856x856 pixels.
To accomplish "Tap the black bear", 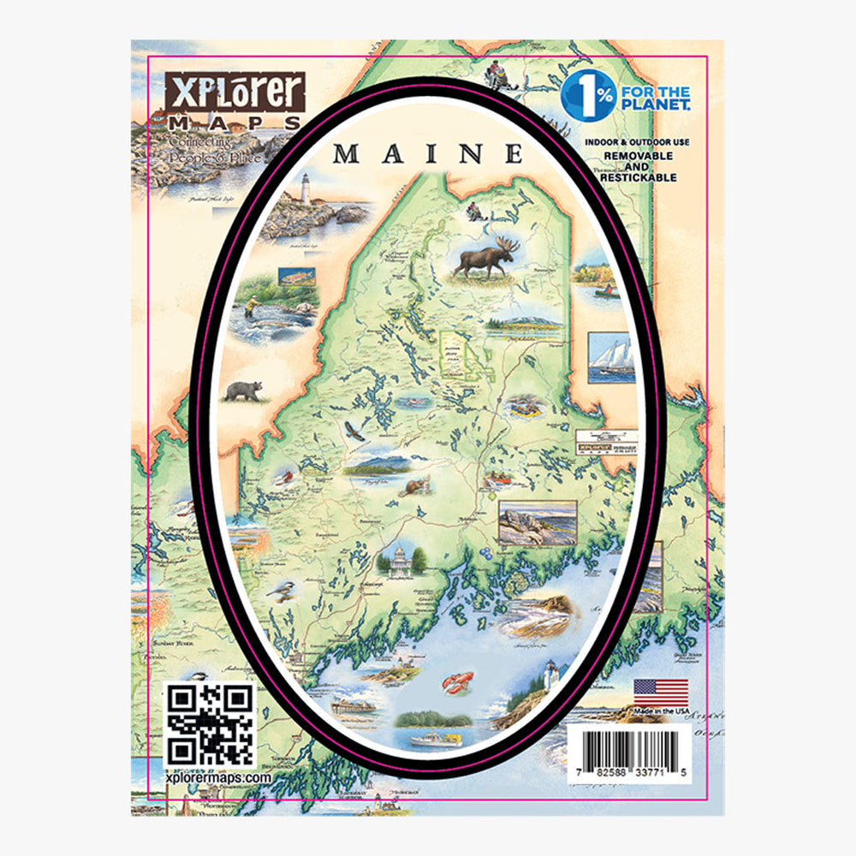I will pos(243,391).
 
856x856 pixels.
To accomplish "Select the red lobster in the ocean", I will pos(456,682).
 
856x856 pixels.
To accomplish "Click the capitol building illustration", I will pos(399,561).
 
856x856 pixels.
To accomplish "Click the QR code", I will pos(210,724).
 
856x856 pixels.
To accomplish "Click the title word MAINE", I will pos(428,154).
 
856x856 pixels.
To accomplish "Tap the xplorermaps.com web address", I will pos(217,777).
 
